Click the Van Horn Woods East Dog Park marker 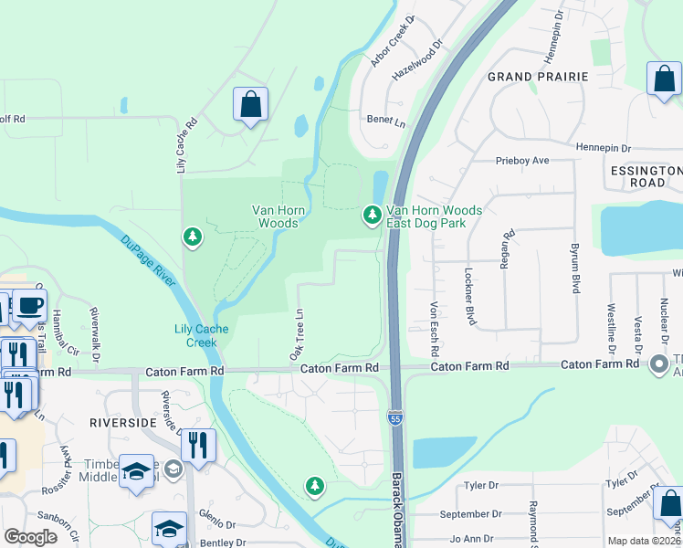(x=372, y=215)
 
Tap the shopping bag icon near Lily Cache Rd (x=250, y=105)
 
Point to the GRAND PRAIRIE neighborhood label (x=537, y=77)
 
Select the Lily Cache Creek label (x=195, y=335)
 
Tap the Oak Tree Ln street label (x=296, y=334)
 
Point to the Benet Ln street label (x=385, y=120)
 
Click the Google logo (x=30, y=537)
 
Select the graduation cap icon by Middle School (x=135, y=471)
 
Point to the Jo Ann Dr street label (x=476, y=539)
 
